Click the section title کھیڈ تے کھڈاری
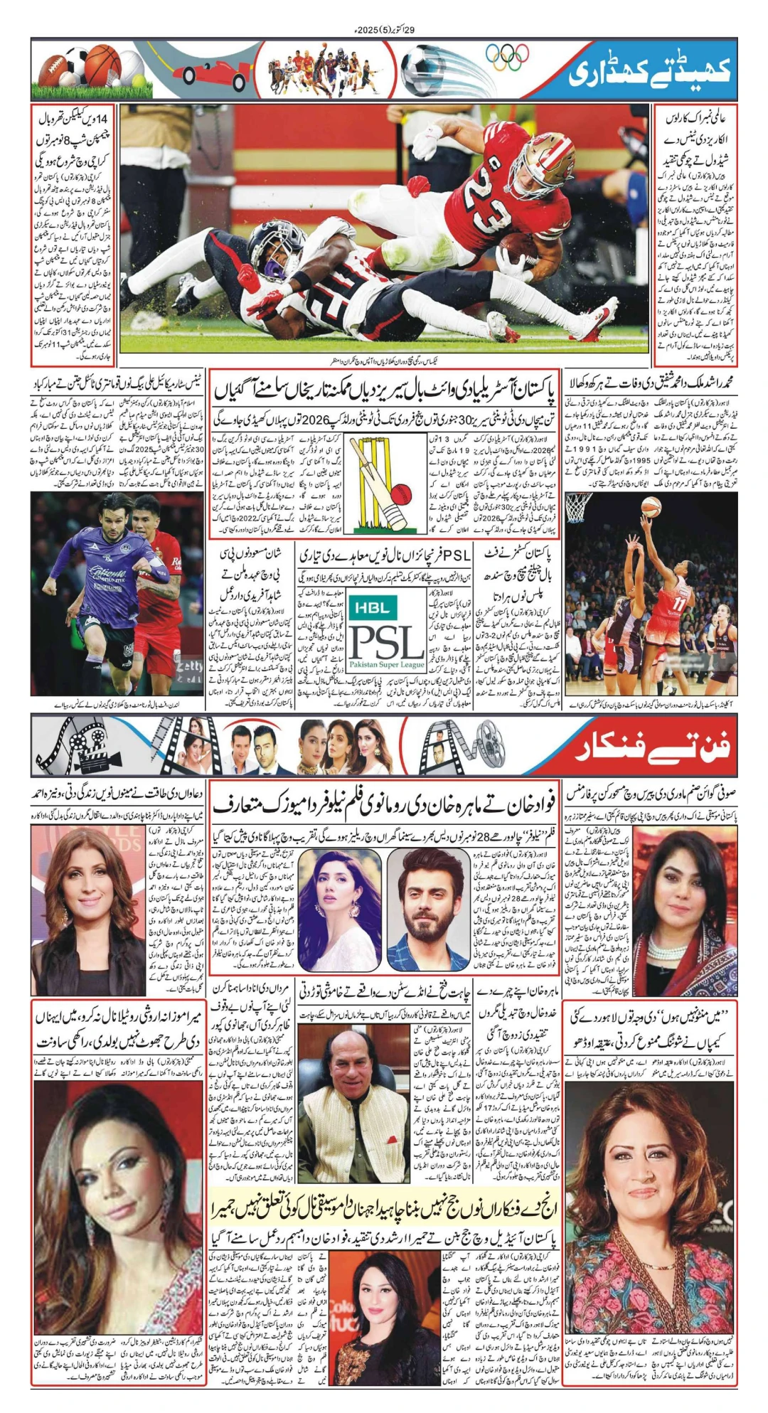point(651,72)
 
